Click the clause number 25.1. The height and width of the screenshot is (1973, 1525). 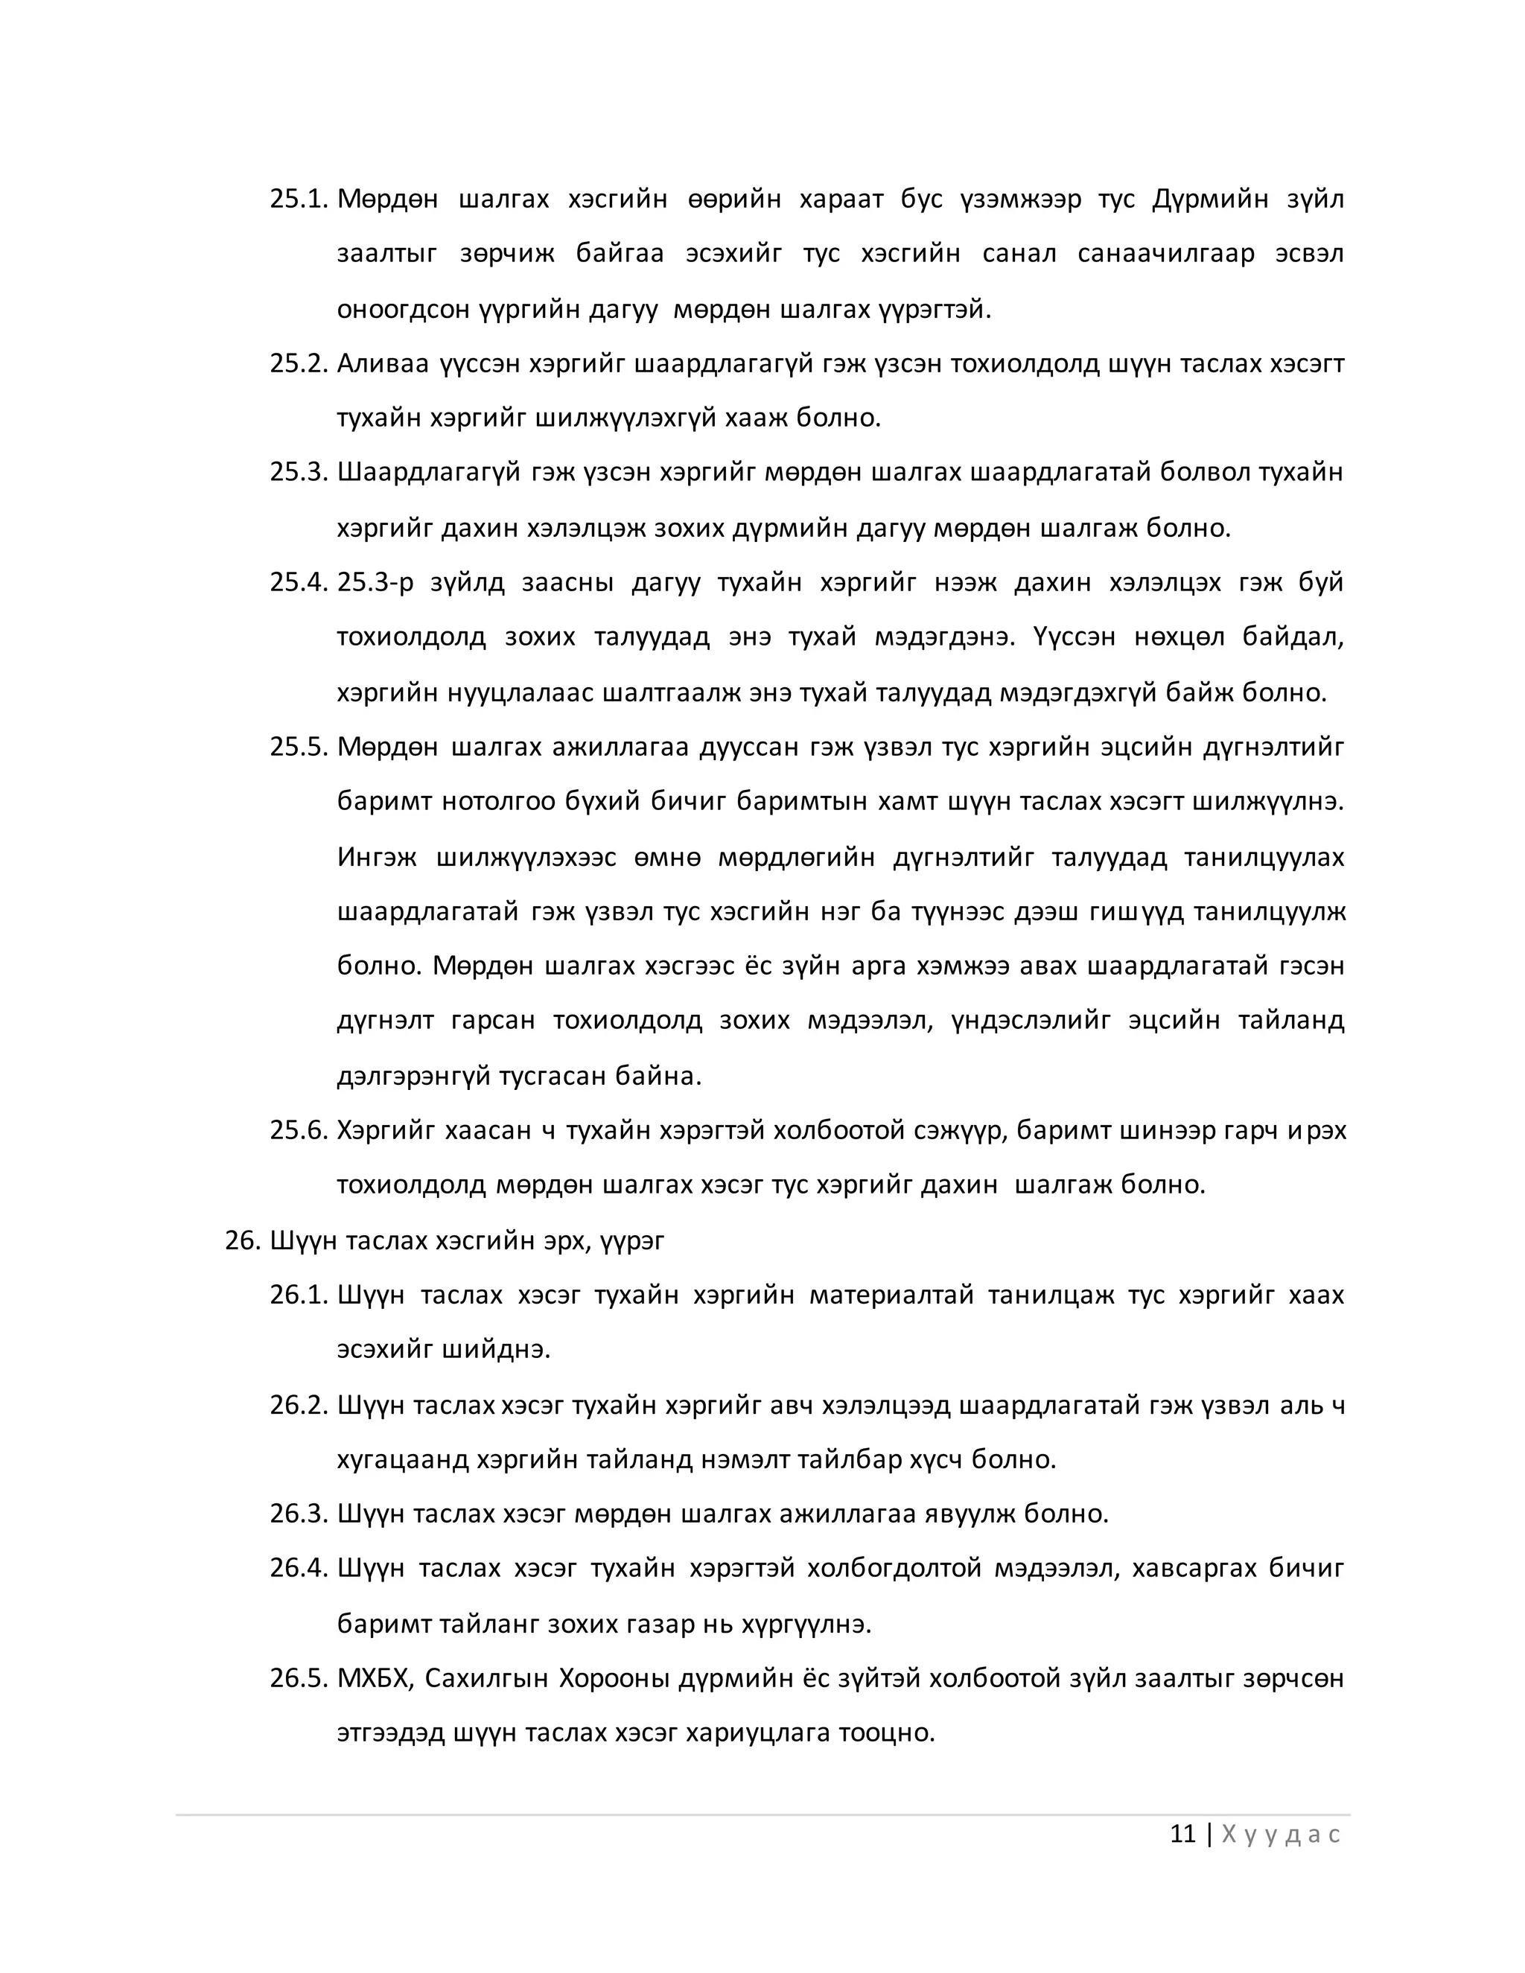coord(297,199)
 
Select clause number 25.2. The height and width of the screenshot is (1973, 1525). coord(297,363)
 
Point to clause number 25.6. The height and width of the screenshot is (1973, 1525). coord(297,1130)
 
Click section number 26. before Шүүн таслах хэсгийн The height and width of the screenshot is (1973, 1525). coord(243,1240)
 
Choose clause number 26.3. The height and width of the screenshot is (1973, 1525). coord(297,1513)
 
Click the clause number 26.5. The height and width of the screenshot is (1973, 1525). coord(297,1677)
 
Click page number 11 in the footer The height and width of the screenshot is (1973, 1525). coord(1182,1834)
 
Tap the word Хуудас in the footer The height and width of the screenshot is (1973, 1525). coord(1280,1835)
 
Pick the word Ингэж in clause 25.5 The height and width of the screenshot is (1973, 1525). coord(377,856)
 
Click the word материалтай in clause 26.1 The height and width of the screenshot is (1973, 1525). coord(891,1295)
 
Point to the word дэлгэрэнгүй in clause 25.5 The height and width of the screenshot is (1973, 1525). coord(414,1076)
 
